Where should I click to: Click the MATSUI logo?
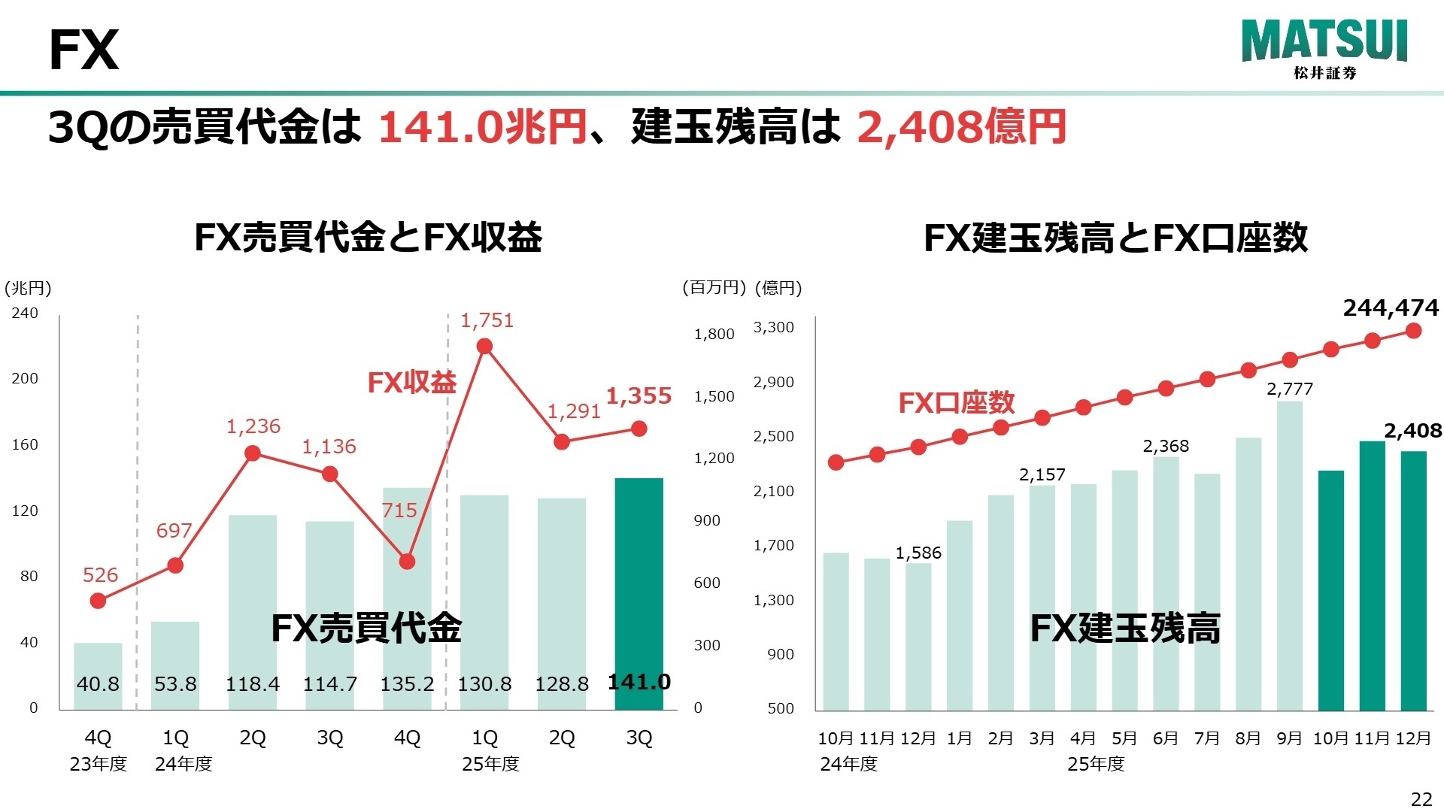(x=1324, y=48)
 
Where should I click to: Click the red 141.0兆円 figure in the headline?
(x=482, y=126)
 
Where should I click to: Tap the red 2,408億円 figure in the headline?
(x=961, y=126)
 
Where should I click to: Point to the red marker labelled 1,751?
(x=484, y=347)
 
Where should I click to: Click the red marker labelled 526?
(x=98, y=601)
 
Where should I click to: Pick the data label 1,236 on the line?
(x=253, y=426)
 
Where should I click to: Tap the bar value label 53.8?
(x=175, y=684)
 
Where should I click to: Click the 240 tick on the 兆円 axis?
(x=25, y=313)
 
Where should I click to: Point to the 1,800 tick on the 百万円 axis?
(x=714, y=335)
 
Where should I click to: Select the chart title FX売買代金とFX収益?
(x=368, y=238)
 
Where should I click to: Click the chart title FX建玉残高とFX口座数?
(x=1115, y=238)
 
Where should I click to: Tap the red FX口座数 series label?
(x=957, y=403)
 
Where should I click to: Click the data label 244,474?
(x=1390, y=308)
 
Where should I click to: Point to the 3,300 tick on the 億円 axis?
(x=774, y=327)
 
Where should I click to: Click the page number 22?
(x=1421, y=798)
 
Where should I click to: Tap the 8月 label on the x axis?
(x=1248, y=738)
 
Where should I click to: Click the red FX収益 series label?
(x=411, y=383)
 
